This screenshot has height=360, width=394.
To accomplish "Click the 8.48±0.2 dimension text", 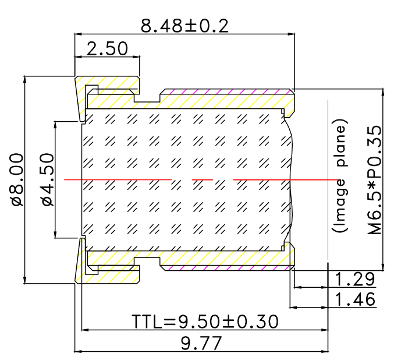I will click(184, 25).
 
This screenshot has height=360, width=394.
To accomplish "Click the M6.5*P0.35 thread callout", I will click(378, 179).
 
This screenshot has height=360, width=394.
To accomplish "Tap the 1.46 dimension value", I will click(354, 300).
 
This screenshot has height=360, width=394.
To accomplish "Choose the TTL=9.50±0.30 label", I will click(205, 321).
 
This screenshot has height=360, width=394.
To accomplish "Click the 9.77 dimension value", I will click(201, 343).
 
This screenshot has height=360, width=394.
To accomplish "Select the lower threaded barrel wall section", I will click(227, 260).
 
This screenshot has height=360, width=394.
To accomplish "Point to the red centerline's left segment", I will click(116, 179).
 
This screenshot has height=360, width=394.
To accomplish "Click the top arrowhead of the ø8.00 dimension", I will click(25, 79).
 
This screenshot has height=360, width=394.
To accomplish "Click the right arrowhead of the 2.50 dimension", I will click(138, 57).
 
